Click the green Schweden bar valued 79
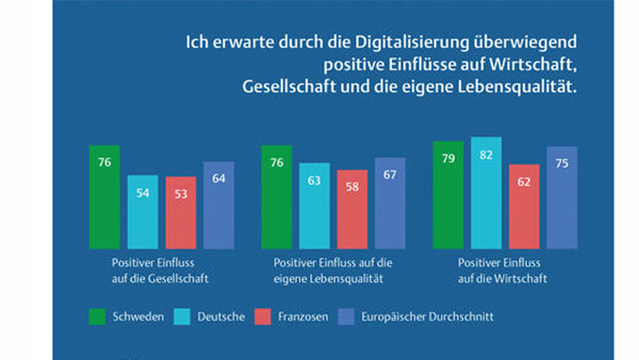(448, 195)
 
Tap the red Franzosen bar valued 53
(181, 212)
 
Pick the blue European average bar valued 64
(219, 205)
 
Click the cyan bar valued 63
(314, 206)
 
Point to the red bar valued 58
(353, 209)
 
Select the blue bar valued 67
(390, 203)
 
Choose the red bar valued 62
(525, 207)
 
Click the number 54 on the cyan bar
(142, 192)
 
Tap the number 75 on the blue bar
(562, 164)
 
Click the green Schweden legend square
(97, 317)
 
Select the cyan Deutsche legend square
(182, 317)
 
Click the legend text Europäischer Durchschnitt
(427, 317)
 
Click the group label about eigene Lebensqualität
(333, 270)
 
